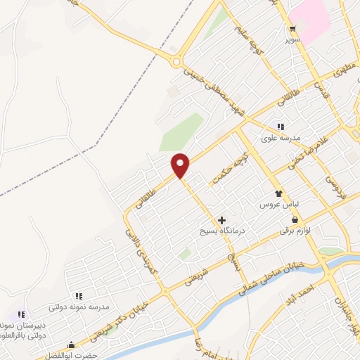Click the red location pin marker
181,165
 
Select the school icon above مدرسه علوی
281,127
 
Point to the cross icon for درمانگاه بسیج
222,220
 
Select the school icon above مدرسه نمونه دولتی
79,297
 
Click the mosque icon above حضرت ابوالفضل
70,345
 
